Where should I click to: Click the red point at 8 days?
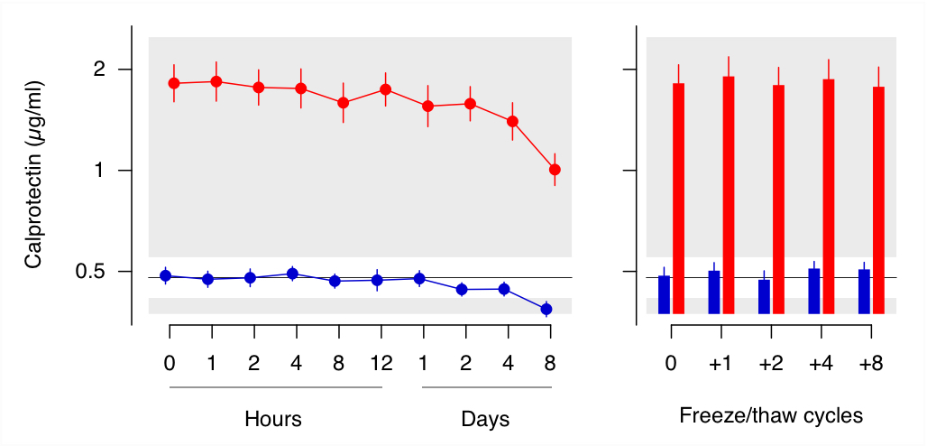pyautogui.click(x=555, y=170)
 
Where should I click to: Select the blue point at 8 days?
pyautogui.click(x=546, y=310)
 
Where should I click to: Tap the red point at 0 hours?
pyautogui.click(x=174, y=83)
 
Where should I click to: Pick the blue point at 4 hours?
pyautogui.click(x=292, y=274)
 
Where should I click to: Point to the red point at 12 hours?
pyautogui.click(x=385, y=89)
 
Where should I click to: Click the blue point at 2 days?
pyautogui.click(x=462, y=290)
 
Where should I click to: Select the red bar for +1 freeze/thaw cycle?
pyautogui.click(x=729, y=194)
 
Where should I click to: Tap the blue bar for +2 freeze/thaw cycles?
pyautogui.click(x=765, y=296)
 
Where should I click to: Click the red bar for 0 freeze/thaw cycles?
pyautogui.click(x=679, y=199)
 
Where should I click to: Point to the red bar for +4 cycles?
pyautogui.click(x=829, y=196)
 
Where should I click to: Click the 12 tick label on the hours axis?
pyautogui.click(x=381, y=364)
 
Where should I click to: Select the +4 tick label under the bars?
pyautogui.click(x=821, y=364)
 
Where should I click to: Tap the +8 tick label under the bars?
pyautogui.click(x=870, y=364)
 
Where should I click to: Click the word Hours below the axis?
pyautogui.click(x=272, y=419)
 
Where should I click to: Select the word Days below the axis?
pyautogui.click(x=485, y=419)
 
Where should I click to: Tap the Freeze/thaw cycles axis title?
pyautogui.click(x=771, y=416)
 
